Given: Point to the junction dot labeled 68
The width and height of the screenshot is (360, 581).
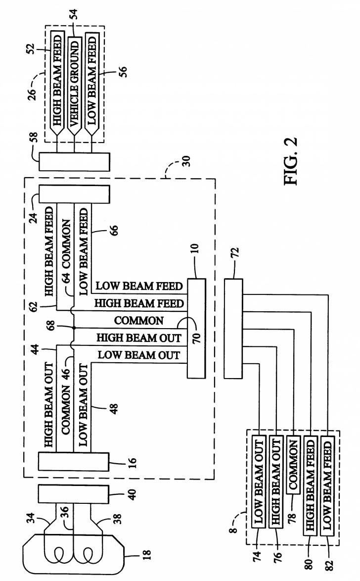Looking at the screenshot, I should pos(73,328).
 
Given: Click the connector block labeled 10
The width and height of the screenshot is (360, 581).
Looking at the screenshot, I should pos(195,328).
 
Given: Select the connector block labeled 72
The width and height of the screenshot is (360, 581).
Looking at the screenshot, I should pos(233,329).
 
